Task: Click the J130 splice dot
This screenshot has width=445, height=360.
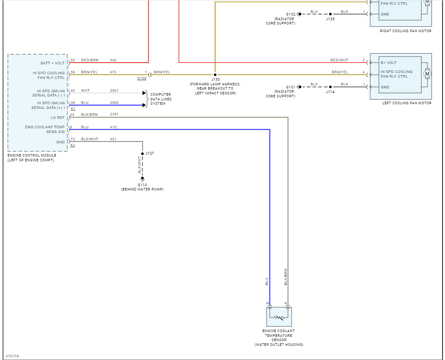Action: click(x=215, y=74)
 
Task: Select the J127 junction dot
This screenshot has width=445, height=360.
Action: click(x=142, y=153)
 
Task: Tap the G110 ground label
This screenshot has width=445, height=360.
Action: click(x=142, y=185)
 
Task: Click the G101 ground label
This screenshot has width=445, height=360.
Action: click(x=291, y=87)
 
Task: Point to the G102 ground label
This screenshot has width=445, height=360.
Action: click(x=291, y=14)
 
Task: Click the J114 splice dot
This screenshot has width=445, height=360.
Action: click(x=330, y=87)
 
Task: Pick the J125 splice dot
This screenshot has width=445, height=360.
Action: click(x=330, y=14)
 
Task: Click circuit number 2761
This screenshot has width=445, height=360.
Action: click(x=114, y=115)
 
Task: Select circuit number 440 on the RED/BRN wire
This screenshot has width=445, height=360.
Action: click(x=113, y=60)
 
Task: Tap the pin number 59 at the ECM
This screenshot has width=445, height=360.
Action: click(x=73, y=72)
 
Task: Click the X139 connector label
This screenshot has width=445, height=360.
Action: click(x=141, y=79)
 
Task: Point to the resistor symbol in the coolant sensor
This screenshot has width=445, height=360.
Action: click(x=279, y=318)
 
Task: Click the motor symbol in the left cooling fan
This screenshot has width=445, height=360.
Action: click(x=427, y=74)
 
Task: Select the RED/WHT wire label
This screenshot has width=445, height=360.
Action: click(x=339, y=61)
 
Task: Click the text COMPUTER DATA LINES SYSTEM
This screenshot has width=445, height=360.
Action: click(x=161, y=99)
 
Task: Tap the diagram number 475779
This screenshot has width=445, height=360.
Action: click(x=12, y=356)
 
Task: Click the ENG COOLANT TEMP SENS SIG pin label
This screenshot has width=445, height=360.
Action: click(x=51, y=129)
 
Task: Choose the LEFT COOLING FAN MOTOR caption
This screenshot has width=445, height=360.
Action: click(x=407, y=103)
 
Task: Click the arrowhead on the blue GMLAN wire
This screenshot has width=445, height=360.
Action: click(x=144, y=105)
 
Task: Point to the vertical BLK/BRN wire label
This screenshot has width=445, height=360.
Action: click(x=286, y=277)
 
